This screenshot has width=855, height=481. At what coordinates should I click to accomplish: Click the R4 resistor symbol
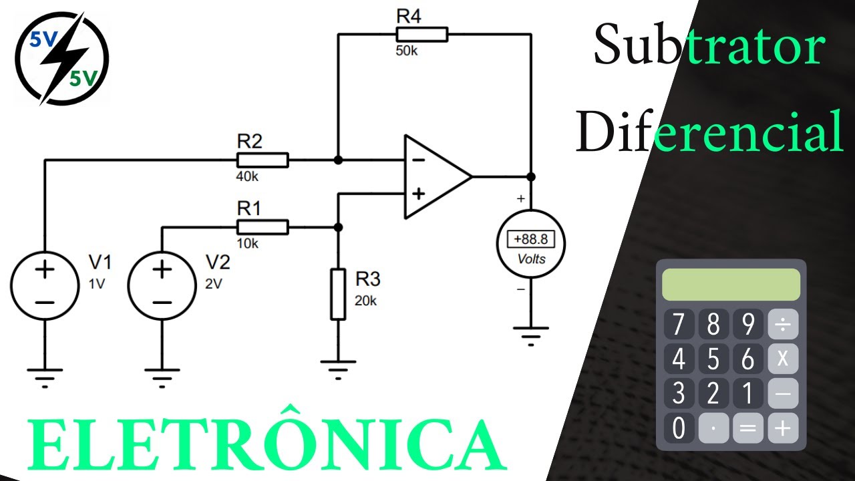click(x=422, y=35)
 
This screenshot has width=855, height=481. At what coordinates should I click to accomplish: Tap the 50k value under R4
click(x=407, y=51)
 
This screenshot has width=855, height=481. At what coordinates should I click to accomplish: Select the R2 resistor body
click(x=263, y=160)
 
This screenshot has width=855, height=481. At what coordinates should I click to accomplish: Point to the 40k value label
click(x=246, y=177)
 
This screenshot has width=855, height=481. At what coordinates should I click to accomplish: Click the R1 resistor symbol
click(x=263, y=227)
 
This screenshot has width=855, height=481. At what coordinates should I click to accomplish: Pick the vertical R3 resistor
click(x=339, y=295)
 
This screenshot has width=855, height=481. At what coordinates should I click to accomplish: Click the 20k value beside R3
click(x=365, y=301)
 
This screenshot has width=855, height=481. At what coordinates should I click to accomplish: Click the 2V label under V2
click(x=213, y=283)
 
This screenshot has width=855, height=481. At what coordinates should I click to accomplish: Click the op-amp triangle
click(x=434, y=177)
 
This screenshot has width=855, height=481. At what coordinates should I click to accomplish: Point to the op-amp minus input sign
click(x=418, y=160)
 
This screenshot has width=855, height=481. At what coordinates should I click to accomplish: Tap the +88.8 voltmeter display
click(x=531, y=238)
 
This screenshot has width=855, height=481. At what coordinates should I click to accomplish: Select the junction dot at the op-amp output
click(x=531, y=177)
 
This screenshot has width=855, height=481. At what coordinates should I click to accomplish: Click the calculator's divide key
click(x=783, y=325)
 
